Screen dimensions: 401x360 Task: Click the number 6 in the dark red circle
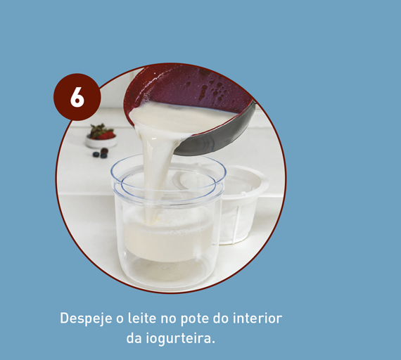[x=77, y=97]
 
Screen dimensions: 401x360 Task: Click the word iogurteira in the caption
[x=179, y=339]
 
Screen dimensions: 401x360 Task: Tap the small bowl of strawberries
[x=101, y=136]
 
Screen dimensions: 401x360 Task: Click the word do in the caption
[x=221, y=318]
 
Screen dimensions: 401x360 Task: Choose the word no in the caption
[x=169, y=319]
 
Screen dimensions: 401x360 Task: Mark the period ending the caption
[x=213, y=342]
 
